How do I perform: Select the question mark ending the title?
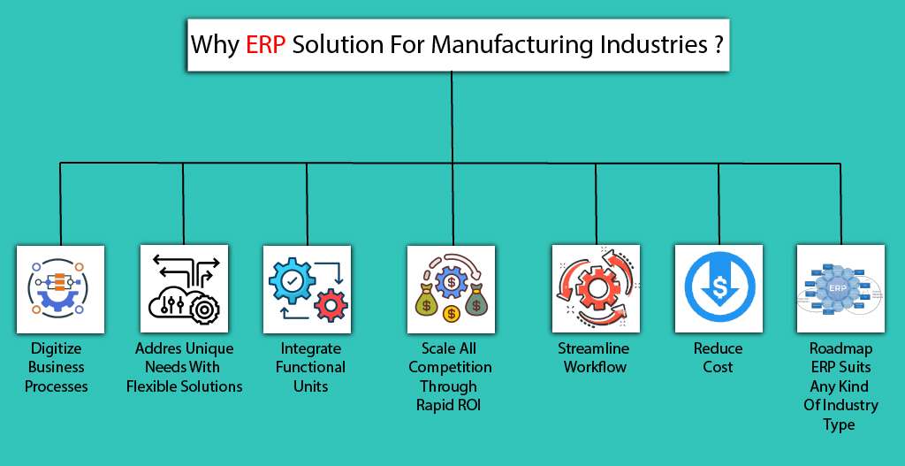coord(714,45)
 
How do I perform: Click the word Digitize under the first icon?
coord(56,348)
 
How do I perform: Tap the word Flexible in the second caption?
coord(154,386)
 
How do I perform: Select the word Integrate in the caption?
coord(310,348)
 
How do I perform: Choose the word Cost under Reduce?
coord(718,367)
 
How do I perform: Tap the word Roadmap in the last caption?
coord(839,348)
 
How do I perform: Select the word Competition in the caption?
coord(450,367)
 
